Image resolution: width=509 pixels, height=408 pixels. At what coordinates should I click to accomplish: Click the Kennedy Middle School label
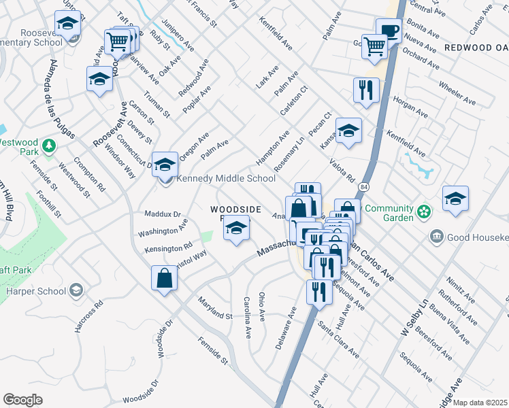click(x=226, y=179)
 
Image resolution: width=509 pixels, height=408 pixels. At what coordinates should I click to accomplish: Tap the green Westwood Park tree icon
click(x=48, y=146)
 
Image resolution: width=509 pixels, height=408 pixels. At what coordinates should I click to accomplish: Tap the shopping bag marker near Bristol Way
click(x=165, y=278)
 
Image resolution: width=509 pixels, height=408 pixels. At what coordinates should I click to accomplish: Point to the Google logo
click(x=22, y=400)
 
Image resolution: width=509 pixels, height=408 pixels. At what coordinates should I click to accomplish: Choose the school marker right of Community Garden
click(x=455, y=199)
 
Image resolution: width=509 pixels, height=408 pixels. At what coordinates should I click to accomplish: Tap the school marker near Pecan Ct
click(x=348, y=131)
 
